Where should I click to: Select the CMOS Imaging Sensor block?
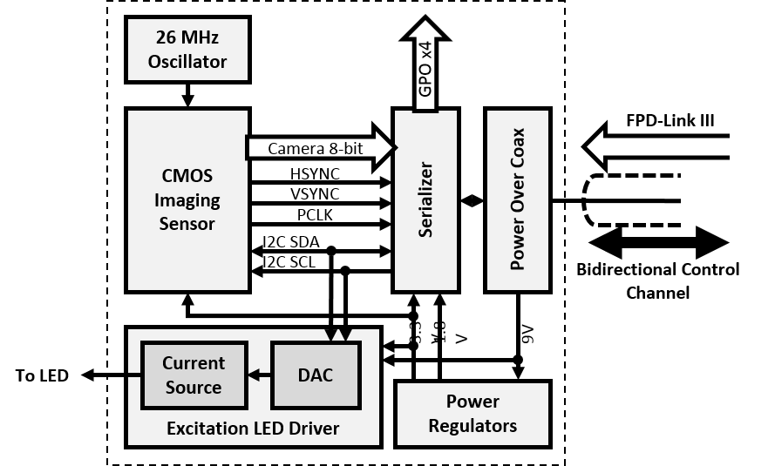187,199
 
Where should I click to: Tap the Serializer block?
425,200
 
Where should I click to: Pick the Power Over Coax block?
518,200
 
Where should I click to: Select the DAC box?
316,375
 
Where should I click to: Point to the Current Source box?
193,375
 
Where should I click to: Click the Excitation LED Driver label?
253,428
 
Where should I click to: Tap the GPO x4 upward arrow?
425,65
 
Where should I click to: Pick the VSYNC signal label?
315,193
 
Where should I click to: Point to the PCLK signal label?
315,214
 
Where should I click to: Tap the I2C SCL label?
289,260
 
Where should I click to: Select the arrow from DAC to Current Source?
259,375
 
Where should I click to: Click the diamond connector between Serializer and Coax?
472,201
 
